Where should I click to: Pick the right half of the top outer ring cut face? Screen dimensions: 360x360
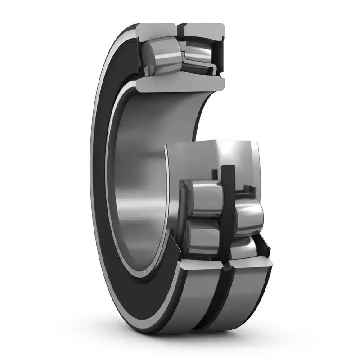click(x=205, y=30)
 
